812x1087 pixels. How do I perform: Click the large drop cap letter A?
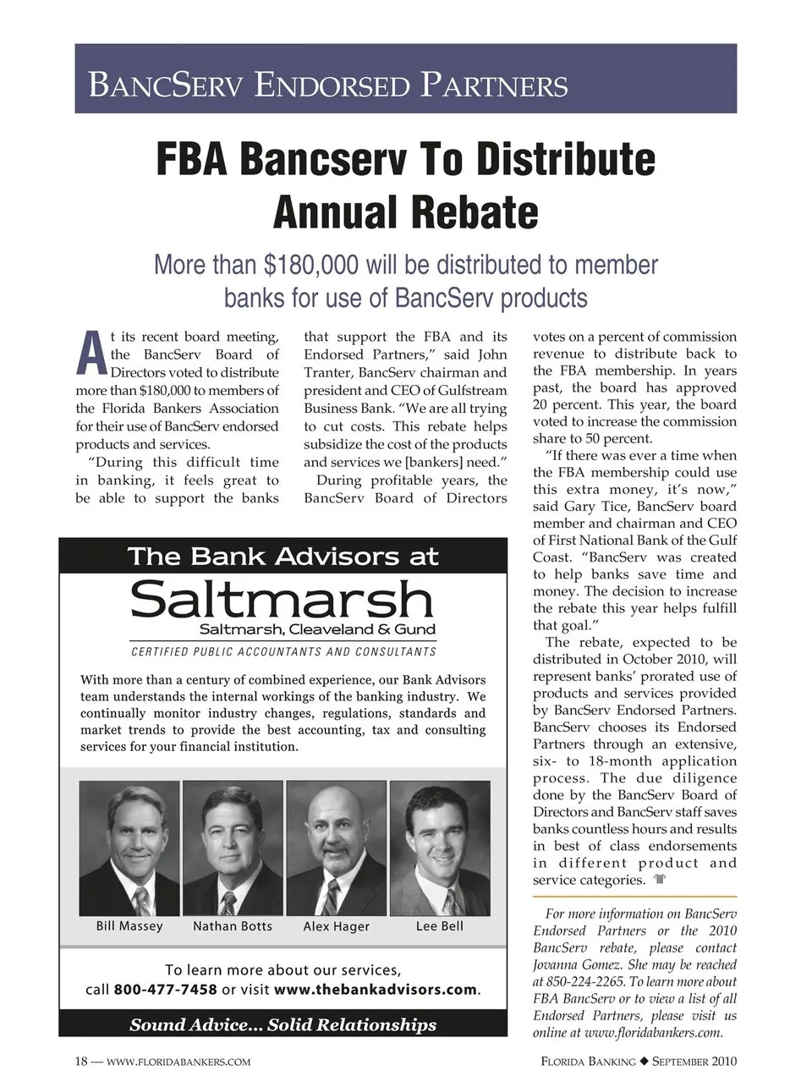point(91,354)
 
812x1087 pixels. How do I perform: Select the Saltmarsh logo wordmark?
point(282,599)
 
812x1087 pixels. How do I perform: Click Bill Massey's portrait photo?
point(129,848)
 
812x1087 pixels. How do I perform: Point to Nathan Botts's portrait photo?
point(233,848)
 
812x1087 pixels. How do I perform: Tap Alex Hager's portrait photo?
point(336,848)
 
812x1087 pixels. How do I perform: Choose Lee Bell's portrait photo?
point(440,848)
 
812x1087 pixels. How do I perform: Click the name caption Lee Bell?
point(440,926)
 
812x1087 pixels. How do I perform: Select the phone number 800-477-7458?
point(165,990)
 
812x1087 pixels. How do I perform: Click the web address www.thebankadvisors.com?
point(376,990)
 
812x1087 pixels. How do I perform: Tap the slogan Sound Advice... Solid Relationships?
point(283,1025)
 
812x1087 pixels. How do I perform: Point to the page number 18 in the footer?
point(82,1062)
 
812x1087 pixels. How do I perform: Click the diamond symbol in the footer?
point(644,1062)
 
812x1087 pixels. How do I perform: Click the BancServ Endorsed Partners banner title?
point(328,85)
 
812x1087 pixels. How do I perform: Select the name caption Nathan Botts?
point(233,926)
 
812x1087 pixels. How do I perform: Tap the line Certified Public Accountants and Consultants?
point(283,652)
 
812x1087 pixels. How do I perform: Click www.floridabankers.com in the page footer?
point(179,1062)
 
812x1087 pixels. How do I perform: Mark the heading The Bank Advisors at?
point(283,557)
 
